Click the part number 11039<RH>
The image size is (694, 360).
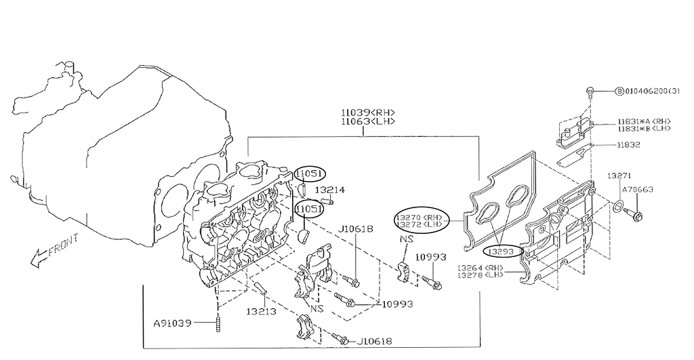[367, 112]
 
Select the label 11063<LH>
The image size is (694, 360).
[367, 121]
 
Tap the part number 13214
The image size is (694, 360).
[329, 190]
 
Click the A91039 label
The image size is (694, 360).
[173, 322]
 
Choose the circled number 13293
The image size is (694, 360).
[503, 252]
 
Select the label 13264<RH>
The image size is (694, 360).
[480, 267]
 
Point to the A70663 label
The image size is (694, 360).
[637, 190]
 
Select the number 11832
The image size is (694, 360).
[628, 145]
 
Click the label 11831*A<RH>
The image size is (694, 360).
[644, 121]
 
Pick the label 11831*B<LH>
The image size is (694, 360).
[644, 128]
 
